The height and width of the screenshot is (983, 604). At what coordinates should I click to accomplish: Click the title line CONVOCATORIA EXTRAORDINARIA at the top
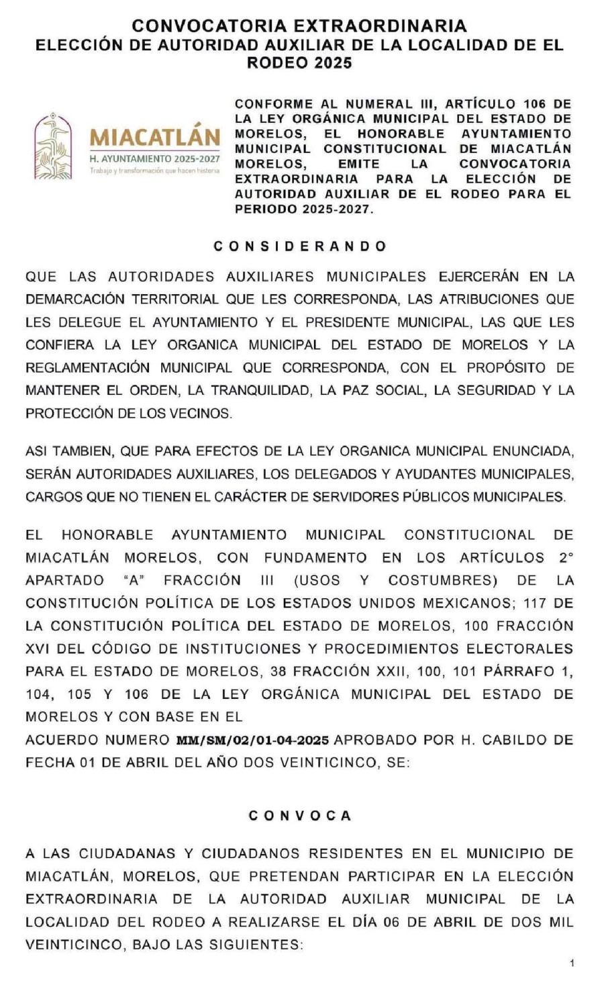299,26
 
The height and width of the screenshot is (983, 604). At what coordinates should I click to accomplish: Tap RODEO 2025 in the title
299,63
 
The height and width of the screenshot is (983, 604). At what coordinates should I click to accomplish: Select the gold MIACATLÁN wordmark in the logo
155,138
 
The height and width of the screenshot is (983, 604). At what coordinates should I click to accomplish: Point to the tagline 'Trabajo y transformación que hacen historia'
155,171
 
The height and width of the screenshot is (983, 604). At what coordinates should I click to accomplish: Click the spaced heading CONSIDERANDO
300,246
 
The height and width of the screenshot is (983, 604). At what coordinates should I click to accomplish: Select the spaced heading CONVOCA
300,816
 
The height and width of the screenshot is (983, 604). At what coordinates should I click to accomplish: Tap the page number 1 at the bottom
571,964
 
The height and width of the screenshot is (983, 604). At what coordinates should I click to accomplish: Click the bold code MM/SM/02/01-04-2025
252,740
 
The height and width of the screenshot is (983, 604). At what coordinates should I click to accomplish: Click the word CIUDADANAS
127,853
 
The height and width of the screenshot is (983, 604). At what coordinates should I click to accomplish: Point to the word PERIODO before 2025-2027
264,209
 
